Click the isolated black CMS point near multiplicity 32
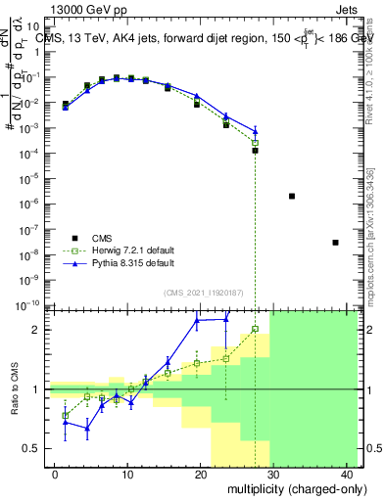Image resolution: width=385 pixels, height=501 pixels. coord(292,196)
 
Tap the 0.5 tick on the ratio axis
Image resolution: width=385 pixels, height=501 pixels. coord(32,448)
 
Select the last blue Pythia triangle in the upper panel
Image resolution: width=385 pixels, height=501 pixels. coord(255,131)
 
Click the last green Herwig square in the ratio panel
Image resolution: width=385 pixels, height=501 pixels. coord(255,329)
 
